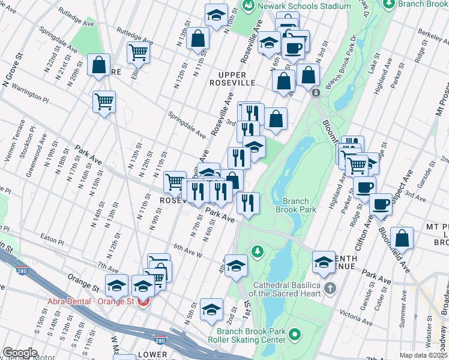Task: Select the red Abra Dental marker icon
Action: pyautogui.click(x=143, y=302)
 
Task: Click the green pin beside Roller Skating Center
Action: pyautogui.click(x=294, y=334)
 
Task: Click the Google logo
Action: pyautogui.click(x=20, y=353)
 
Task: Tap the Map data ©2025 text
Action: pyautogui.click(x=423, y=355)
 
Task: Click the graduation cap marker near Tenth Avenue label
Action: pyautogui.click(x=324, y=260)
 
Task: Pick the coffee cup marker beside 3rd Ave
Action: pyautogui.click(x=381, y=204)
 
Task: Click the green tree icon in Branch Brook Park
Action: pyautogui.click(x=258, y=250)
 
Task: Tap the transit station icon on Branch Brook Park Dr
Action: pyautogui.click(x=315, y=93)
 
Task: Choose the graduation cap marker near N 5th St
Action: pyautogui.click(x=211, y=308)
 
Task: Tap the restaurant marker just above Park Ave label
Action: pyautogui.click(x=248, y=203)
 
